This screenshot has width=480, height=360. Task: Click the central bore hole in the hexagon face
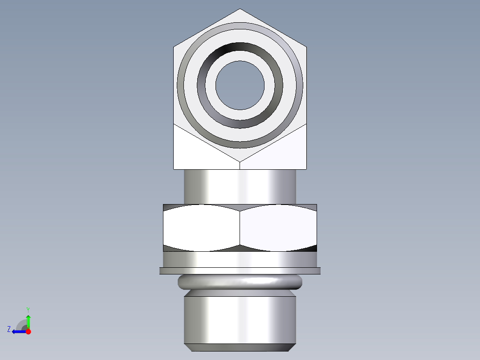(x=240, y=85)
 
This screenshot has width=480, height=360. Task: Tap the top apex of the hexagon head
(x=240, y=10)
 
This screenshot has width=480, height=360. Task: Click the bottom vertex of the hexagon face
(x=240, y=161)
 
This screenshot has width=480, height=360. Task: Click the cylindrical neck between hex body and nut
(x=240, y=187)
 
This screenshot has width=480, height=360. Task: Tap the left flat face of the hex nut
(x=201, y=228)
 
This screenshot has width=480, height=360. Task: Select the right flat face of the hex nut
(x=278, y=228)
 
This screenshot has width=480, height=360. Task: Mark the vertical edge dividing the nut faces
(x=240, y=228)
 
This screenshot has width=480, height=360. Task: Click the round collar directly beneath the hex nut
(x=240, y=259)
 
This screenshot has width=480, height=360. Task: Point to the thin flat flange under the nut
(x=240, y=270)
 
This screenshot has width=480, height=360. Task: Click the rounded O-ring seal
(x=240, y=282)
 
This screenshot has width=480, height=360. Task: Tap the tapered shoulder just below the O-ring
(x=240, y=294)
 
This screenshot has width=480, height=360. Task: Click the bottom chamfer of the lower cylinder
(x=240, y=347)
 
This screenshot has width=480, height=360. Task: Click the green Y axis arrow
(x=28, y=317)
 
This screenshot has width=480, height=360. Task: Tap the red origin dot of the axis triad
(x=28, y=331)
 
